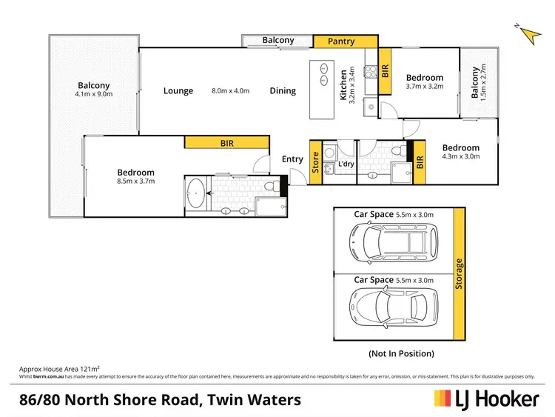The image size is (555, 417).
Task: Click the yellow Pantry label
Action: [x=340, y=41]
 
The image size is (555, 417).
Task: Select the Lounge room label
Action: [x=178, y=91]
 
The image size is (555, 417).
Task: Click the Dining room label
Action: [x=283, y=91]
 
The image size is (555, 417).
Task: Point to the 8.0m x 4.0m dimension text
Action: [x=231, y=91]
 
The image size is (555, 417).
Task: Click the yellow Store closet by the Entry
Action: [x=314, y=161]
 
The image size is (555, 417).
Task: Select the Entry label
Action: [x=292, y=159]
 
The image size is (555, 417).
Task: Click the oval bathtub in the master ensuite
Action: [x=197, y=195]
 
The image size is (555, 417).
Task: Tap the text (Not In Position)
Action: [x=400, y=353]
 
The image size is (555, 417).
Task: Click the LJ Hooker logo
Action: [x=486, y=399]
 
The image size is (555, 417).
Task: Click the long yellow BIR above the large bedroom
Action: [x=226, y=144]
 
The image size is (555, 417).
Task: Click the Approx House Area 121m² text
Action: [x=59, y=368]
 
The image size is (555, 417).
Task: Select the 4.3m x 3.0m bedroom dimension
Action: [x=460, y=156]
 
